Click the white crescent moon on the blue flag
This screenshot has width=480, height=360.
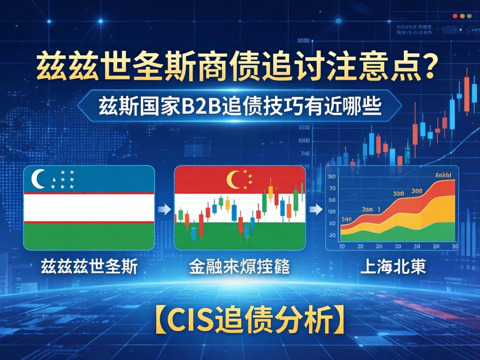point(38,179)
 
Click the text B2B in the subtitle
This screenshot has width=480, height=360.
point(200,107)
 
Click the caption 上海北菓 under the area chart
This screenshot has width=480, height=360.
point(392,266)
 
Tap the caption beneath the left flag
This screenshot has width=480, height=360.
point(89,267)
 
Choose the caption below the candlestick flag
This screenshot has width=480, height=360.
point(239,267)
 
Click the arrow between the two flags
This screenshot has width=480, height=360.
point(164,209)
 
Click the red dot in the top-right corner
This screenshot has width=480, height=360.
point(455,16)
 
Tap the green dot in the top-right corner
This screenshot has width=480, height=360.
point(469,16)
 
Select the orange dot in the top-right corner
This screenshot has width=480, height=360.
point(462,16)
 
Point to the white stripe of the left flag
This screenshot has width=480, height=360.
point(89,208)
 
